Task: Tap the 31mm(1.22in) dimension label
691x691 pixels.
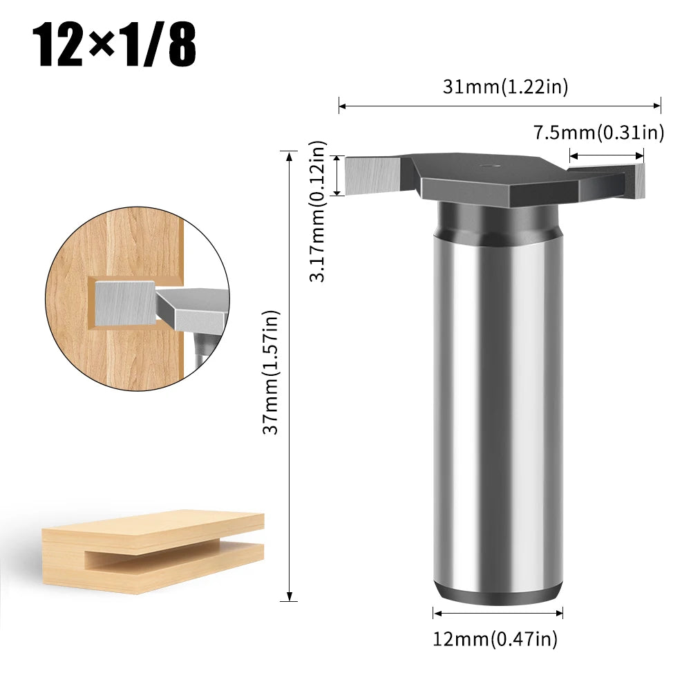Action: point(505,86)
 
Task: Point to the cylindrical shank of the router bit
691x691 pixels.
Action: point(498,415)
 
